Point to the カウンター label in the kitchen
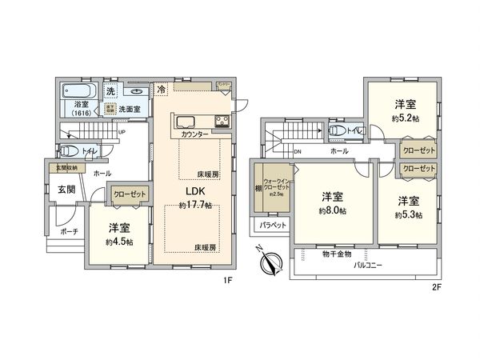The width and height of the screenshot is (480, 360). click(x=194, y=135)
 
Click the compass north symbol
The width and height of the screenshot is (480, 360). click(x=271, y=262)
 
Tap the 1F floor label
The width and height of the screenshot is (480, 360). click(x=226, y=280)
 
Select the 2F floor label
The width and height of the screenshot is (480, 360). click(x=437, y=286)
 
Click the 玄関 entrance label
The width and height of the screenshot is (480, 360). click(x=65, y=189)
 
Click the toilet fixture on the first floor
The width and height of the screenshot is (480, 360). click(x=71, y=150)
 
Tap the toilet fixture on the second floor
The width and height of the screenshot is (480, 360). click(x=335, y=130)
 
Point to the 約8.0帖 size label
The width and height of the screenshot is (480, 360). click(x=332, y=210)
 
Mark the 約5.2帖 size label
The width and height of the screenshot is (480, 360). click(x=404, y=117)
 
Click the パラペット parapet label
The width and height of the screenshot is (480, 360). click(x=272, y=226)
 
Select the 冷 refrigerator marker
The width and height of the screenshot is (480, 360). click(x=162, y=90)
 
